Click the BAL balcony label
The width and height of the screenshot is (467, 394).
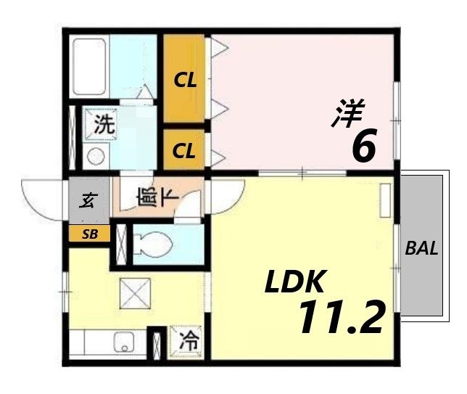[421, 248]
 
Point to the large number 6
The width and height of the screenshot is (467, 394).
[363, 147]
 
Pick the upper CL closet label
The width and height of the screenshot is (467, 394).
[184, 80]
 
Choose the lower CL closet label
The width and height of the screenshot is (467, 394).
[184, 152]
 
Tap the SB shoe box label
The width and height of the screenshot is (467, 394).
[90, 234]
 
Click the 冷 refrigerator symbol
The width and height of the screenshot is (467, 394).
[186, 339]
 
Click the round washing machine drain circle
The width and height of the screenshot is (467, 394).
[95, 155]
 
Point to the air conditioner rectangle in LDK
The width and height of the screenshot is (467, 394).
[384, 200]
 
